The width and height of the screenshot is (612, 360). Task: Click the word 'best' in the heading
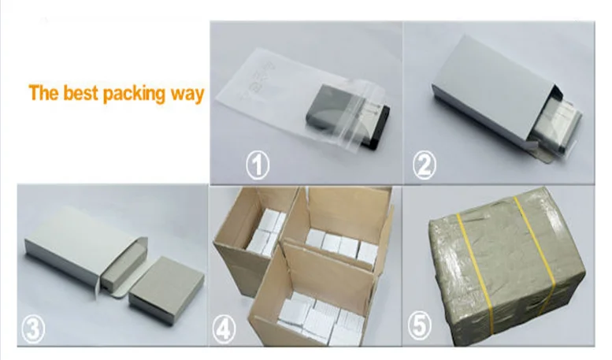tap(80, 92)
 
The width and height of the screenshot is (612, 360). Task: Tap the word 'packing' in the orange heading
tap(134, 94)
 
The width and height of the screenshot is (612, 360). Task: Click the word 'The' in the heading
tap(44, 92)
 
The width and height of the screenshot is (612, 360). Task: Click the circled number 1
tap(258, 165)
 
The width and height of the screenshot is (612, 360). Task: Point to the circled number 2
tap(425, 165)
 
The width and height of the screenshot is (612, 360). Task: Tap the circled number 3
tap(33, 328)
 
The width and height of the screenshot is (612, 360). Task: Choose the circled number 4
tap(224, 328)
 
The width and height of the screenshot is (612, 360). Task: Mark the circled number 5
tap(420, 325)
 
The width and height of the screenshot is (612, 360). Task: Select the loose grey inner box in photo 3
tap(166, 291)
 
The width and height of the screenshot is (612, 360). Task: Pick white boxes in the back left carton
tap(266, 232)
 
